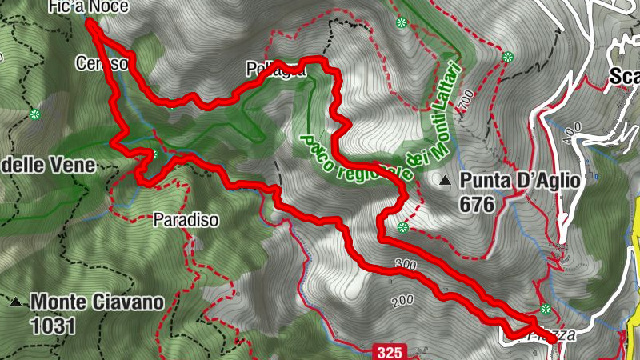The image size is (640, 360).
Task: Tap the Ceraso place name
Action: coord(101,62)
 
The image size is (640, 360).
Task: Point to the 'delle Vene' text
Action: coord(48,166)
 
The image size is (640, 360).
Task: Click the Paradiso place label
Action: coord(186,218)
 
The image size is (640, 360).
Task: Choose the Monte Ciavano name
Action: coord(97,302)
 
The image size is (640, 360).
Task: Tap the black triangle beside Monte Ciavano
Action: coord(14,303)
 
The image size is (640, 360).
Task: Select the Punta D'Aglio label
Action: coord(519,181)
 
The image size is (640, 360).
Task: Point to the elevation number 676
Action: coord(477,204)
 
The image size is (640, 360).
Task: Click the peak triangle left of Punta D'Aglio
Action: coord(445,182)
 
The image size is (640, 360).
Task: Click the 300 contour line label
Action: coord(406,264)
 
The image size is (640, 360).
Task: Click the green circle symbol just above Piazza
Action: coord(546,309)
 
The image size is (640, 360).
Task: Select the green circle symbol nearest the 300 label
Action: coord(402,228)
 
